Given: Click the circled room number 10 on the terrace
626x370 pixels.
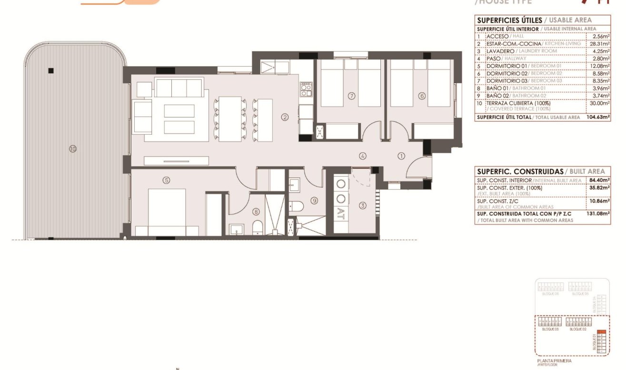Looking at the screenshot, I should (x=72, y=149).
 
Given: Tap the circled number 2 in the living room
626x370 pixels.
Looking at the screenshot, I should (x=285, y=117).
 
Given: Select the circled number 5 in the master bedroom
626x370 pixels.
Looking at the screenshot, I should (x=166, y=180).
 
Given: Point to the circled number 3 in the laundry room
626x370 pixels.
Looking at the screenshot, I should (x=363, y=205).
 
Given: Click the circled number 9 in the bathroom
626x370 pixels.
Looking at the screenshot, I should (x=314, y=201).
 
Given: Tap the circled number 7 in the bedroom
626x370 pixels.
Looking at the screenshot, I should (x=352, y=96).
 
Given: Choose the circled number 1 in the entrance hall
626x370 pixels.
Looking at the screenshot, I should (x=401, y=156).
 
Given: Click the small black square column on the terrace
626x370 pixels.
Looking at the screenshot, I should (x=51, y=71).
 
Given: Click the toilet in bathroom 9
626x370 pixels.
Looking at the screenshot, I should (x=297, y=206).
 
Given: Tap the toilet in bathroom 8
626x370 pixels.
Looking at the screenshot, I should (x=257, y=227).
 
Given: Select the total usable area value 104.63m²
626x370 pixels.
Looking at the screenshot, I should (x=598, y=117).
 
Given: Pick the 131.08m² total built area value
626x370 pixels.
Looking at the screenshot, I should (x=599, y=214).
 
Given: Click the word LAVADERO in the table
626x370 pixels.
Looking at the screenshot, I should (x=500, y=51).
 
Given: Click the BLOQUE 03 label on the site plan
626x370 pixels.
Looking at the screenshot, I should (x=550, y=329).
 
